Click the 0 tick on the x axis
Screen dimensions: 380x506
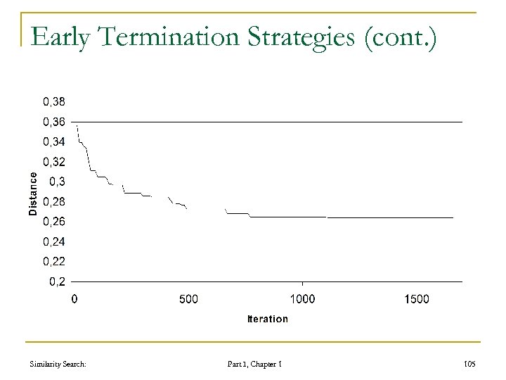[x=74, y=299]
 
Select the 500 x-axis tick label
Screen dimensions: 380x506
[x=188, y=299]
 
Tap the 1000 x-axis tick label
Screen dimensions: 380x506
[x=302, y=299]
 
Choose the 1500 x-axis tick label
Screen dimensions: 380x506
[x=416, y=299]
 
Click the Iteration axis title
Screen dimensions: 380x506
[x=267, y=319]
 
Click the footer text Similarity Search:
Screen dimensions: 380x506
[x=55, y=363]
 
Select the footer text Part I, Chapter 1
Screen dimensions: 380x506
[x=254, y=363]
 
